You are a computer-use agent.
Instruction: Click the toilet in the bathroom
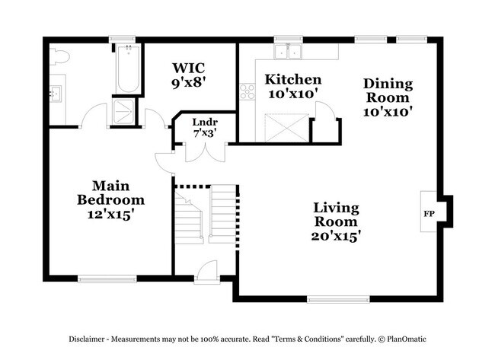point(59,57)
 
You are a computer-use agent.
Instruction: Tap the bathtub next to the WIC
point(128,68)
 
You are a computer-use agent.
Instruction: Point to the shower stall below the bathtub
point(123,111)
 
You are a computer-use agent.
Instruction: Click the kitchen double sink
point(288,51)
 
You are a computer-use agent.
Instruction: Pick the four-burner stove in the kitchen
point(247,91)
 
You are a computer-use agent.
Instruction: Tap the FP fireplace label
point(429,214)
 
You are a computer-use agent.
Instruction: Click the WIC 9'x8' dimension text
point(189,83)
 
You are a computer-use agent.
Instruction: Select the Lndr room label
point(205,122)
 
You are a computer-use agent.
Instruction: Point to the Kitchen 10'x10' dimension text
point(292,94)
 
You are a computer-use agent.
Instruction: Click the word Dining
point(388,84)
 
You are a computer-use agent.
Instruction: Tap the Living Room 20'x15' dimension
point(336,236)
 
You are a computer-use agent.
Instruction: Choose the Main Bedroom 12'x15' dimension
point(111,215)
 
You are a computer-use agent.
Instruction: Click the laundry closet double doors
point(205,153)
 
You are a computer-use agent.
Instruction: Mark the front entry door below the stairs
point(207,272)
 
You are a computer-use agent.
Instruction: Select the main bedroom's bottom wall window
point(107,279)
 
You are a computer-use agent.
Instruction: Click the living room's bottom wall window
point(338,299)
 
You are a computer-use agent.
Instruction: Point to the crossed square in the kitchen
point(286,128)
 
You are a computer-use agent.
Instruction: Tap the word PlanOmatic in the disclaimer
point(407,339)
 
